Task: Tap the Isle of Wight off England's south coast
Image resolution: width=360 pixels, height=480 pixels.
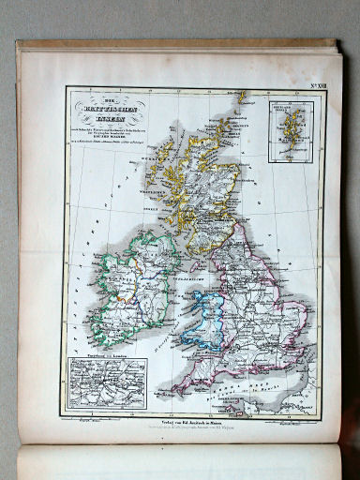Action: tap(247, 371)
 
